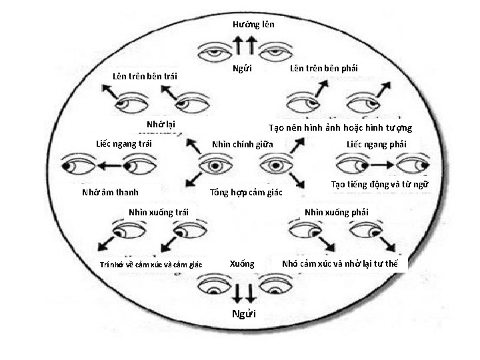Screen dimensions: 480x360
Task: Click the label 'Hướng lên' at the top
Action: click(253, 25)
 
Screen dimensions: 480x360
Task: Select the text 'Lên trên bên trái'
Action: click(145, 76)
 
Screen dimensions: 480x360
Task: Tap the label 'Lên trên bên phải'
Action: click(324, 69)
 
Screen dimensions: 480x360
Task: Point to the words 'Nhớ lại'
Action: click(161, 124)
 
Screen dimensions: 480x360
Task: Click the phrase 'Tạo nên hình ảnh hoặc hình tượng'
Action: click(340, 127)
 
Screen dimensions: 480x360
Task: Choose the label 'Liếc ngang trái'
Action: click(124, 143)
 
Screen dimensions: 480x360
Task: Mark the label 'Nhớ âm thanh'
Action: click(111, 193)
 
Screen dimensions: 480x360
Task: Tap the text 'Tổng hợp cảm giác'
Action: click(246, 193)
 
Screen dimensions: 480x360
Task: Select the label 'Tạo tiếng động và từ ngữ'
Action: click(379, 185)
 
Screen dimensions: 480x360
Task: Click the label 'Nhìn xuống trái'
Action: click(159, 213)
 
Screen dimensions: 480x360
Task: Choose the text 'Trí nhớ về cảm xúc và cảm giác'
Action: click(151, 265)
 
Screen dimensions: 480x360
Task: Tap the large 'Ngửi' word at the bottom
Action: click(242, 313)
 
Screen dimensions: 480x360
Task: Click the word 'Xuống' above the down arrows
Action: click(242, 263)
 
